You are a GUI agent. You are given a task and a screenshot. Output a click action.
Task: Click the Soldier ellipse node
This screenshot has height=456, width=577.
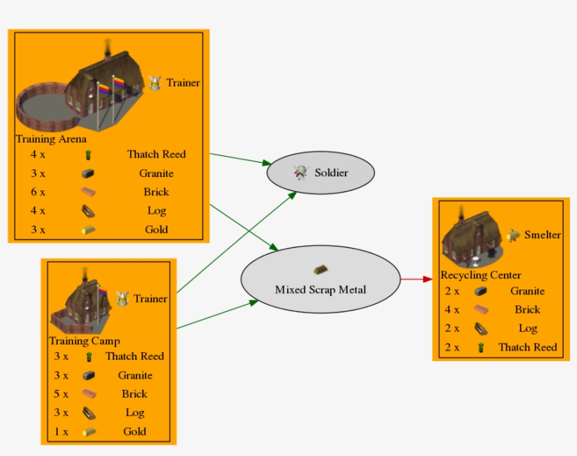(320, 172)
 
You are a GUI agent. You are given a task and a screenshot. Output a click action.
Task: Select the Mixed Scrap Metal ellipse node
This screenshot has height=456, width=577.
(320, 281)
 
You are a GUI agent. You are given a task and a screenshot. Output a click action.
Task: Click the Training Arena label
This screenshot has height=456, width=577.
(51, 139)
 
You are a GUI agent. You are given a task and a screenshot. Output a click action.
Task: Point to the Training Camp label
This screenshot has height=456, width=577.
(84, 341)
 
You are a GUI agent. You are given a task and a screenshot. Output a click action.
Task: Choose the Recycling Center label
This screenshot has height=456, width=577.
(481, 275)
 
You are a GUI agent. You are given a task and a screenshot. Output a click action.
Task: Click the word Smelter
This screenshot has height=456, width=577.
(543, 235)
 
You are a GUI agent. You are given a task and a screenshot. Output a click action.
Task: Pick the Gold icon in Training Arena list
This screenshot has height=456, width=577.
(88, 229)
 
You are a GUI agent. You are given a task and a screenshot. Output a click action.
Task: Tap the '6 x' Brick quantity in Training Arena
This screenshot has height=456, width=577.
(37, 192)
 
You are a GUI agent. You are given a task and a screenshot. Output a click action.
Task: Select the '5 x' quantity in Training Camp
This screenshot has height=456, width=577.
(61, 393)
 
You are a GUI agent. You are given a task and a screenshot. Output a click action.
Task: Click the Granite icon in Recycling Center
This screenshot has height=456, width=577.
(481, 291)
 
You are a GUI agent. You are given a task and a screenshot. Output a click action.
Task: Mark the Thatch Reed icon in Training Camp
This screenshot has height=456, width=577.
(89, 356)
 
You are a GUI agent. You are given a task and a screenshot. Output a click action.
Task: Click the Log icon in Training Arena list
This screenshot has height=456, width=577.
(88, 210)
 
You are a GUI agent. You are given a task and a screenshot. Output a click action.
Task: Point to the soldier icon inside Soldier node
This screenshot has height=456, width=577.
(301, 172)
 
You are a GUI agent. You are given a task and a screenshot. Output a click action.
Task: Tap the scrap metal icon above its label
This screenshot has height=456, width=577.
(320, 269)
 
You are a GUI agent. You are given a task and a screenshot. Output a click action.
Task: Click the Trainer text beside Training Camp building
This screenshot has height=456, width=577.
(151, 299)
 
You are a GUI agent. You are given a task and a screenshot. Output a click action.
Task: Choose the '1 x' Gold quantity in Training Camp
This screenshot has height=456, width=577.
(61, 431)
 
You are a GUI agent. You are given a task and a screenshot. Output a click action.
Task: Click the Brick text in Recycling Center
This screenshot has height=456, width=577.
(527, 309)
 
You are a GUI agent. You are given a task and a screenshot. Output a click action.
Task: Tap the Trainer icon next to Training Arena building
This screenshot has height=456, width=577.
(156, 83)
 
